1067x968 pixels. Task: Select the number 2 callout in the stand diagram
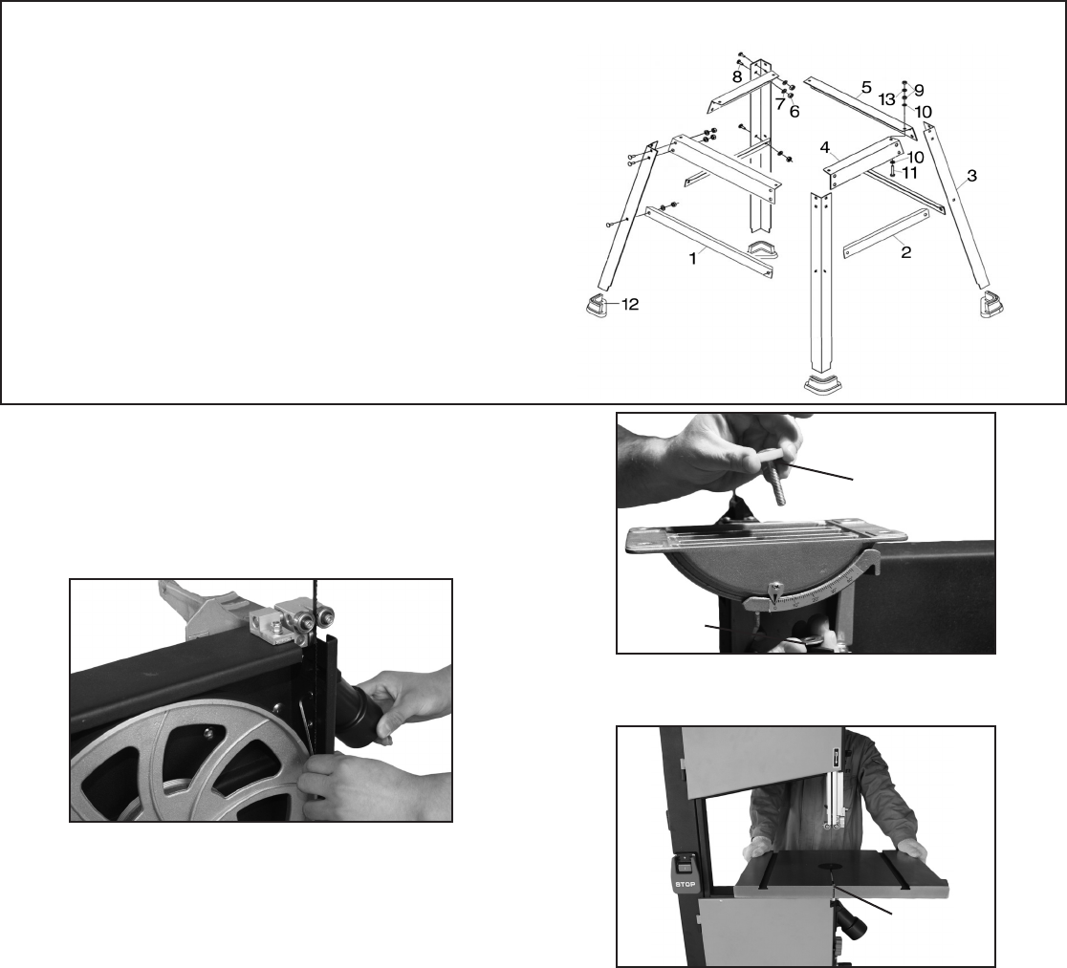(x=904, y=252)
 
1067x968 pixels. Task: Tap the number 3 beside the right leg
(x=971, y=176)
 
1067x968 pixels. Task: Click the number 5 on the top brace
(x=865, y=87)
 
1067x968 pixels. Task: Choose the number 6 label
(x=794, y=111)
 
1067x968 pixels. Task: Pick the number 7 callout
(x=779, y=102)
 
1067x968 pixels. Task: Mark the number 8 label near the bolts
(x=737, y=76)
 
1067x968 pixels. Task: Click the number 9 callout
(x=919, y=90)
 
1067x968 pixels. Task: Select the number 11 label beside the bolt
(x=909, y=173)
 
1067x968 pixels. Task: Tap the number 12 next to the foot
(x=627, y=305)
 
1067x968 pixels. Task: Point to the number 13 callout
(x=886, y=98)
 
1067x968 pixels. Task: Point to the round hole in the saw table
(x=829, y=868)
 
